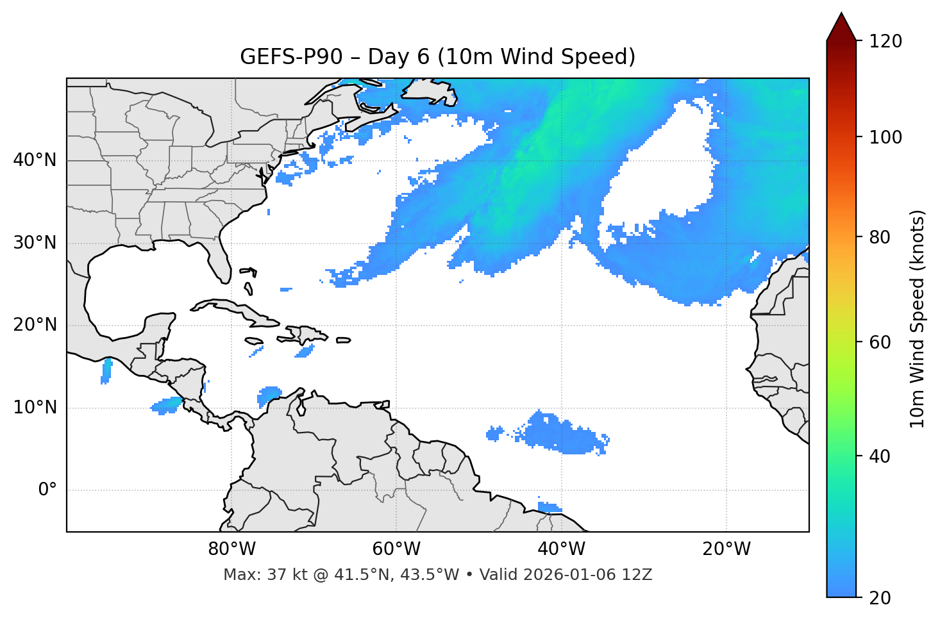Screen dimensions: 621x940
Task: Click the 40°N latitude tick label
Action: coord(35,160)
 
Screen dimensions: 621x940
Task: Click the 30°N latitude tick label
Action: coord(35,243)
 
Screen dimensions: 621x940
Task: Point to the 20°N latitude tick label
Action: coord(35,325)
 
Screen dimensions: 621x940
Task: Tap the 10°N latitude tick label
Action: coord(35,408)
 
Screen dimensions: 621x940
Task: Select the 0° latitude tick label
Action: coord(47,490)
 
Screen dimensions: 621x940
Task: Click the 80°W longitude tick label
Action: coord(231,549)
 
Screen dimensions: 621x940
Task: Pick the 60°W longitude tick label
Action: coord(396,549)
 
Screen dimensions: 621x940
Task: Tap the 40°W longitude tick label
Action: coord(562,549)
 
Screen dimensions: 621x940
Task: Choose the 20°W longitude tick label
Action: coord(726,549)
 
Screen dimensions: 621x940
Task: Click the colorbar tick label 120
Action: coord(885,42)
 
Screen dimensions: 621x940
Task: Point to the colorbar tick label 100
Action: coord(885,137)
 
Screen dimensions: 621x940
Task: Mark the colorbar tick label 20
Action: coord(881,598)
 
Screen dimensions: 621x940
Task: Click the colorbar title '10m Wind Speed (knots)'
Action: coord(918,319)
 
